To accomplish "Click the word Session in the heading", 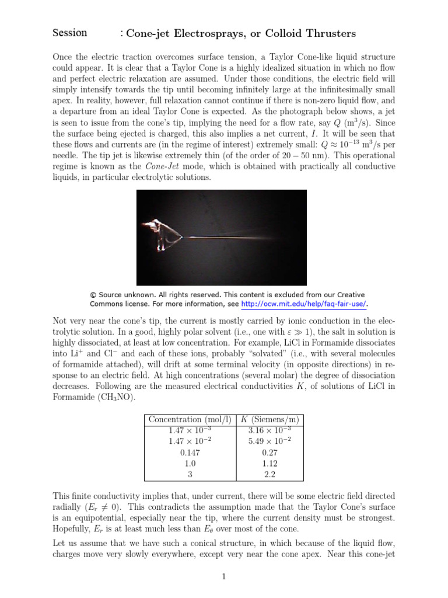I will click(69, 33).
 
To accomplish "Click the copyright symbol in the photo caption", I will click(93, 295).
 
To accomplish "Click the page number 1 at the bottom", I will click(223, 577).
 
